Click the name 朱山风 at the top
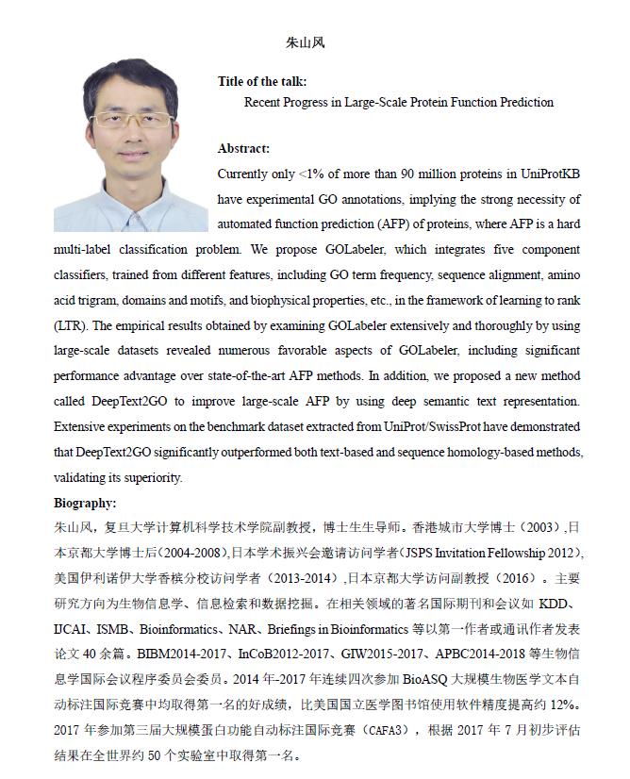[x=305, y=42]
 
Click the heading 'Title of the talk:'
[x=261, y=82]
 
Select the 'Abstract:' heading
[x=243, y=148]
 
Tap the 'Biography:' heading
[x=85, y=503]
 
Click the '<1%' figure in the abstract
[x=313, y=174]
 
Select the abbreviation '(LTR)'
[x=73, y=325]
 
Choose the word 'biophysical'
[x=273, y=300]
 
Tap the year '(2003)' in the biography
[x=543, y=527]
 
